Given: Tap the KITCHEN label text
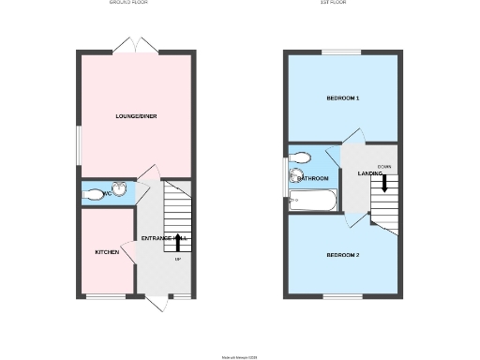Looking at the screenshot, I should click(107, 253).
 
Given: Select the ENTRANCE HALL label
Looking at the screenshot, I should click(164, 238).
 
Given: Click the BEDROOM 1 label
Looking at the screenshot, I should click(343, 98).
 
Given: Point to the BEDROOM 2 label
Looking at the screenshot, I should click(343, 255).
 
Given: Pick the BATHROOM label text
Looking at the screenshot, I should click(313, 178).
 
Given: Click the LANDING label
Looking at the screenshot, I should click(368, 173).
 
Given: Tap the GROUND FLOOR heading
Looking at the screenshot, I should click(129, 3).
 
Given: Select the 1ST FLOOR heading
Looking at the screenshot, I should click(334, 3).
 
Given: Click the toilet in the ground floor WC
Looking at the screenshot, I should click(95, 195).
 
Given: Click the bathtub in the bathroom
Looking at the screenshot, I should click(312, 199).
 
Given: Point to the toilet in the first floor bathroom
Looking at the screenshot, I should click(301, 157).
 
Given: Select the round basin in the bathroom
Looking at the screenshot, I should click(295, 176).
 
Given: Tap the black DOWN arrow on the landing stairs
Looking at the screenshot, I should click(384, 185).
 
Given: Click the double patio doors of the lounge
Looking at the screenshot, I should click(129, 45).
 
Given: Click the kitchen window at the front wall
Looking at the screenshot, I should click(101, 297).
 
